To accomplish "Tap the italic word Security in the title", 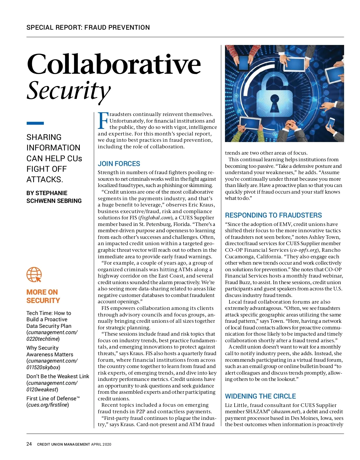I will (x=69, y=90).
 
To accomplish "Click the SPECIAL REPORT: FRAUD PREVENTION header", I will (x=88, y=28).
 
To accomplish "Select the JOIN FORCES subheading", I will (x=119, y=164).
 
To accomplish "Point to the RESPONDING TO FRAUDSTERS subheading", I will (x=273, y=215).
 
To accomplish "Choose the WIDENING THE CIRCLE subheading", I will (x=260, y=396).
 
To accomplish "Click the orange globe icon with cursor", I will (x=34, y=275).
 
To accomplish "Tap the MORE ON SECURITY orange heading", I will (x=43, y=296).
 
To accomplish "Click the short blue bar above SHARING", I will (x=35, y=123).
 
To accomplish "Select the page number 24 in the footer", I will (x=29, y=444).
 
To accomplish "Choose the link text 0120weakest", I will (x=42, y=390).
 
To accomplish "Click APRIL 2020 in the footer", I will (x=101, y=444).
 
